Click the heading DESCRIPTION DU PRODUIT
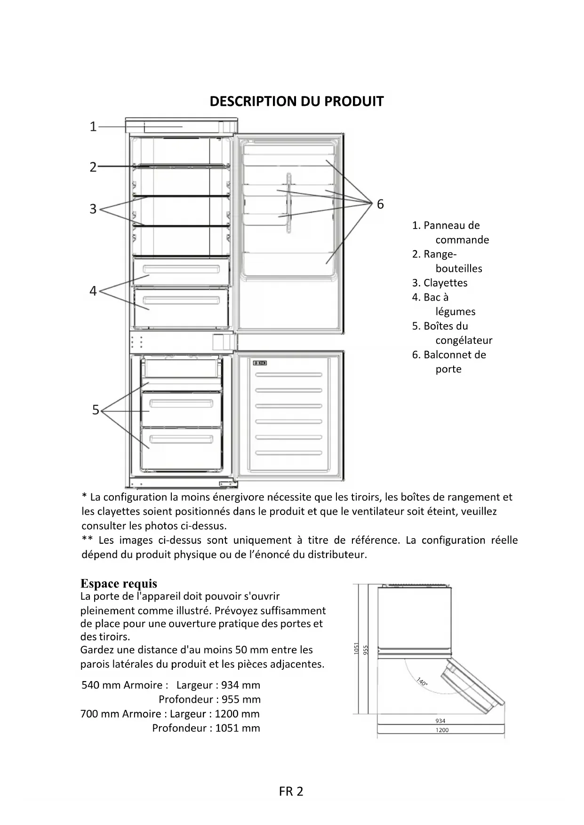coord(296,102)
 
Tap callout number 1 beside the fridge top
coord(93,127)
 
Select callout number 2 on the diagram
coord(93,167)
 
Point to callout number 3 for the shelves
coord(93,209)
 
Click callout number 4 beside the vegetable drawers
coord(93,291)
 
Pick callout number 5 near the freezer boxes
coord(96,410)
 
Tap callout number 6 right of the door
coord(380,204)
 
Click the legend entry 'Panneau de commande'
coord(450,232)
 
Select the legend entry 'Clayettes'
coord(440,283)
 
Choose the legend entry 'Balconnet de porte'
coord(449,362)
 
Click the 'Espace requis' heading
coord(119,584)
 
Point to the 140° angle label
coord(422,682)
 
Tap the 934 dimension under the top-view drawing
coord(440,721)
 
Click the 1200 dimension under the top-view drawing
coord(442,730)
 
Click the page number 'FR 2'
coord(291,792)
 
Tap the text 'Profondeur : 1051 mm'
coord(206,728)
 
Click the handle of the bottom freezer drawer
coord(181,439)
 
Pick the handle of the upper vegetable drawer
coord(181,270)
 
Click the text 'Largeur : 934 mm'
coord(218,685)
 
